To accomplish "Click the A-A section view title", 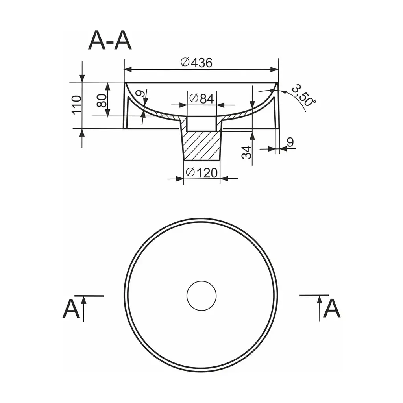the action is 110,41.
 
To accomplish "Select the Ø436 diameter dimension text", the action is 197,63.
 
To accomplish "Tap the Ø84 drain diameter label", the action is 201,98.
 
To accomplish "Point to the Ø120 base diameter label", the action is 202,173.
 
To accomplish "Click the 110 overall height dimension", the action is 77,105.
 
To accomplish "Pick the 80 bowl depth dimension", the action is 102,100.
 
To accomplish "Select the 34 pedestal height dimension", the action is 247,152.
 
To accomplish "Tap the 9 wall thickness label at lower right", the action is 290,142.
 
